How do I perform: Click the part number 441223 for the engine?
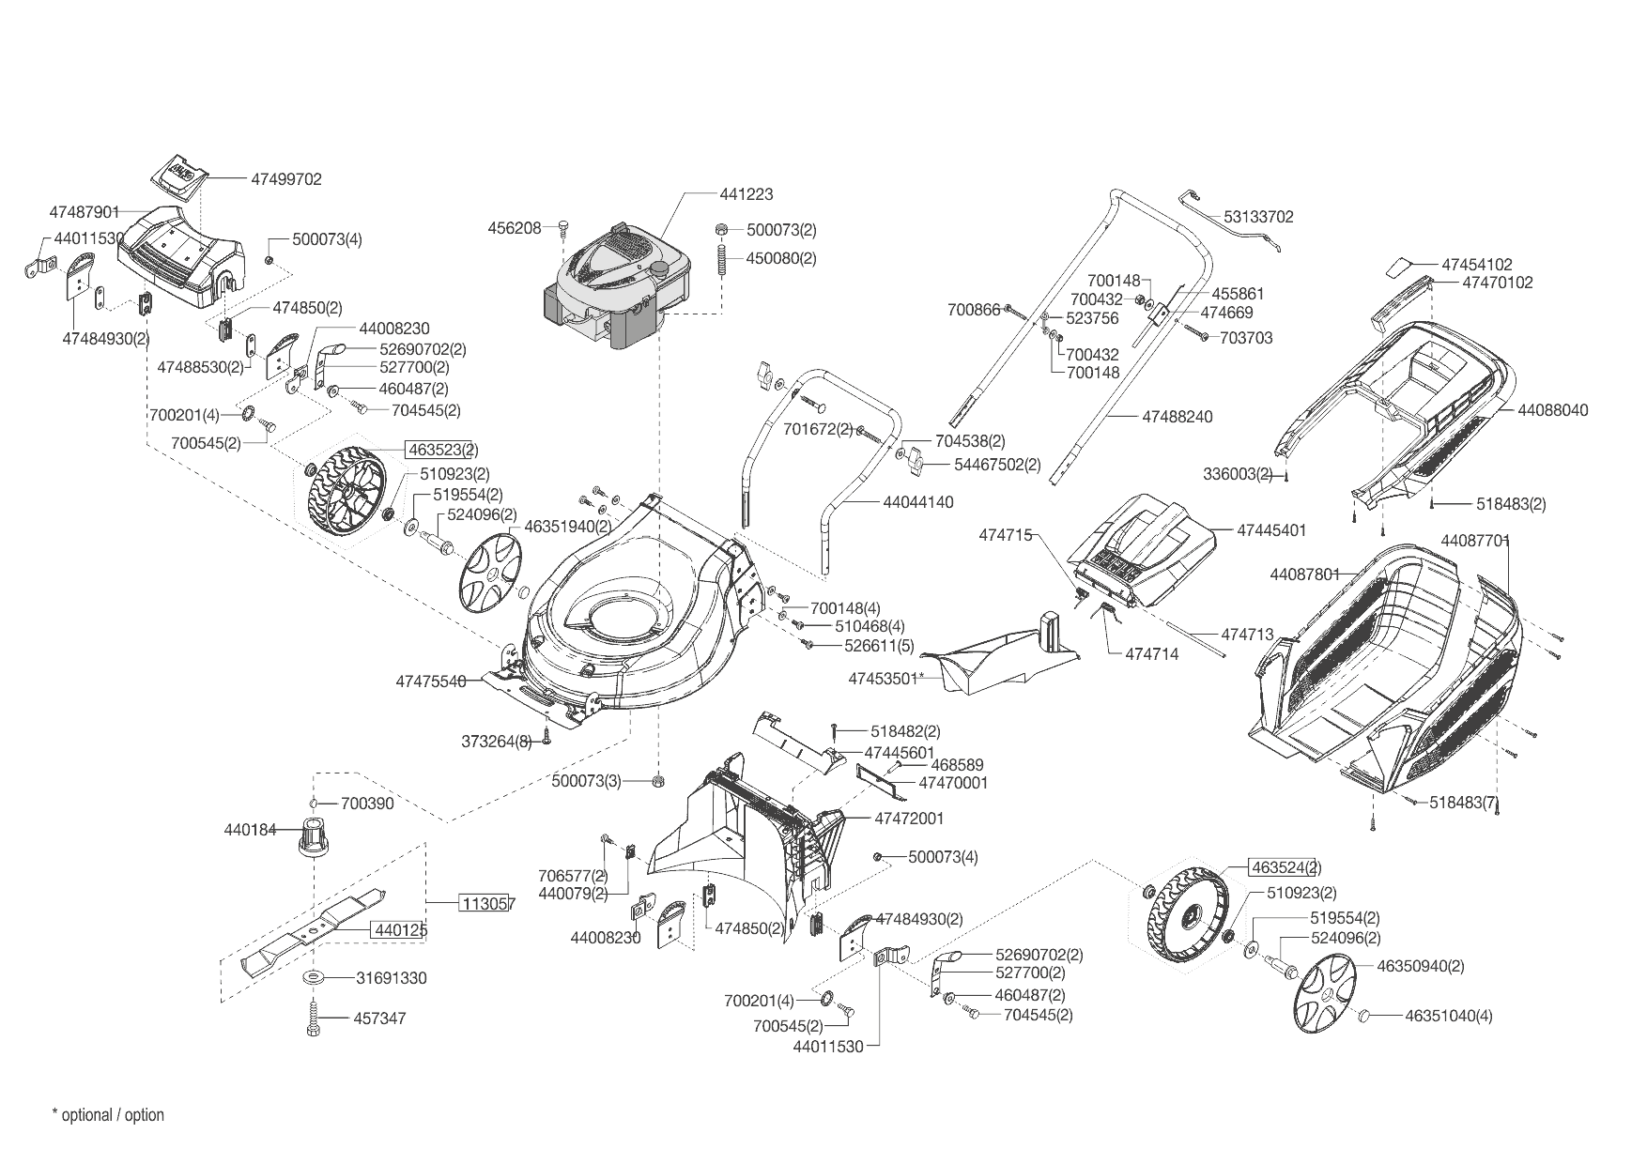(747, 194)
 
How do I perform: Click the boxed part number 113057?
(486, 904)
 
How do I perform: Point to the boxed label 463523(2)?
(441, 450)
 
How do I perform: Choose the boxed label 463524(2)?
(1285, 867)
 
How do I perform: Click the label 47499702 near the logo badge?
(286, 179)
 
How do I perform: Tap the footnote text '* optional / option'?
(108, 1115)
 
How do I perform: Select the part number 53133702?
(1258, 217)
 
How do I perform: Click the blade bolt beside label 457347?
(313, 1018)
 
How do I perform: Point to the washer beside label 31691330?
(314, 978)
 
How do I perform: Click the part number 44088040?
(1552, 410)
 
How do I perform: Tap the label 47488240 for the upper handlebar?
(1178, 416)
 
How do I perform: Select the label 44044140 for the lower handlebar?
(917, 502)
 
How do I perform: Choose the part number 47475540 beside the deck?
(431, 682)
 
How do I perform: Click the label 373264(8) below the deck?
(497, 742)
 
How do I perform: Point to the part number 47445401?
(1271, 530)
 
